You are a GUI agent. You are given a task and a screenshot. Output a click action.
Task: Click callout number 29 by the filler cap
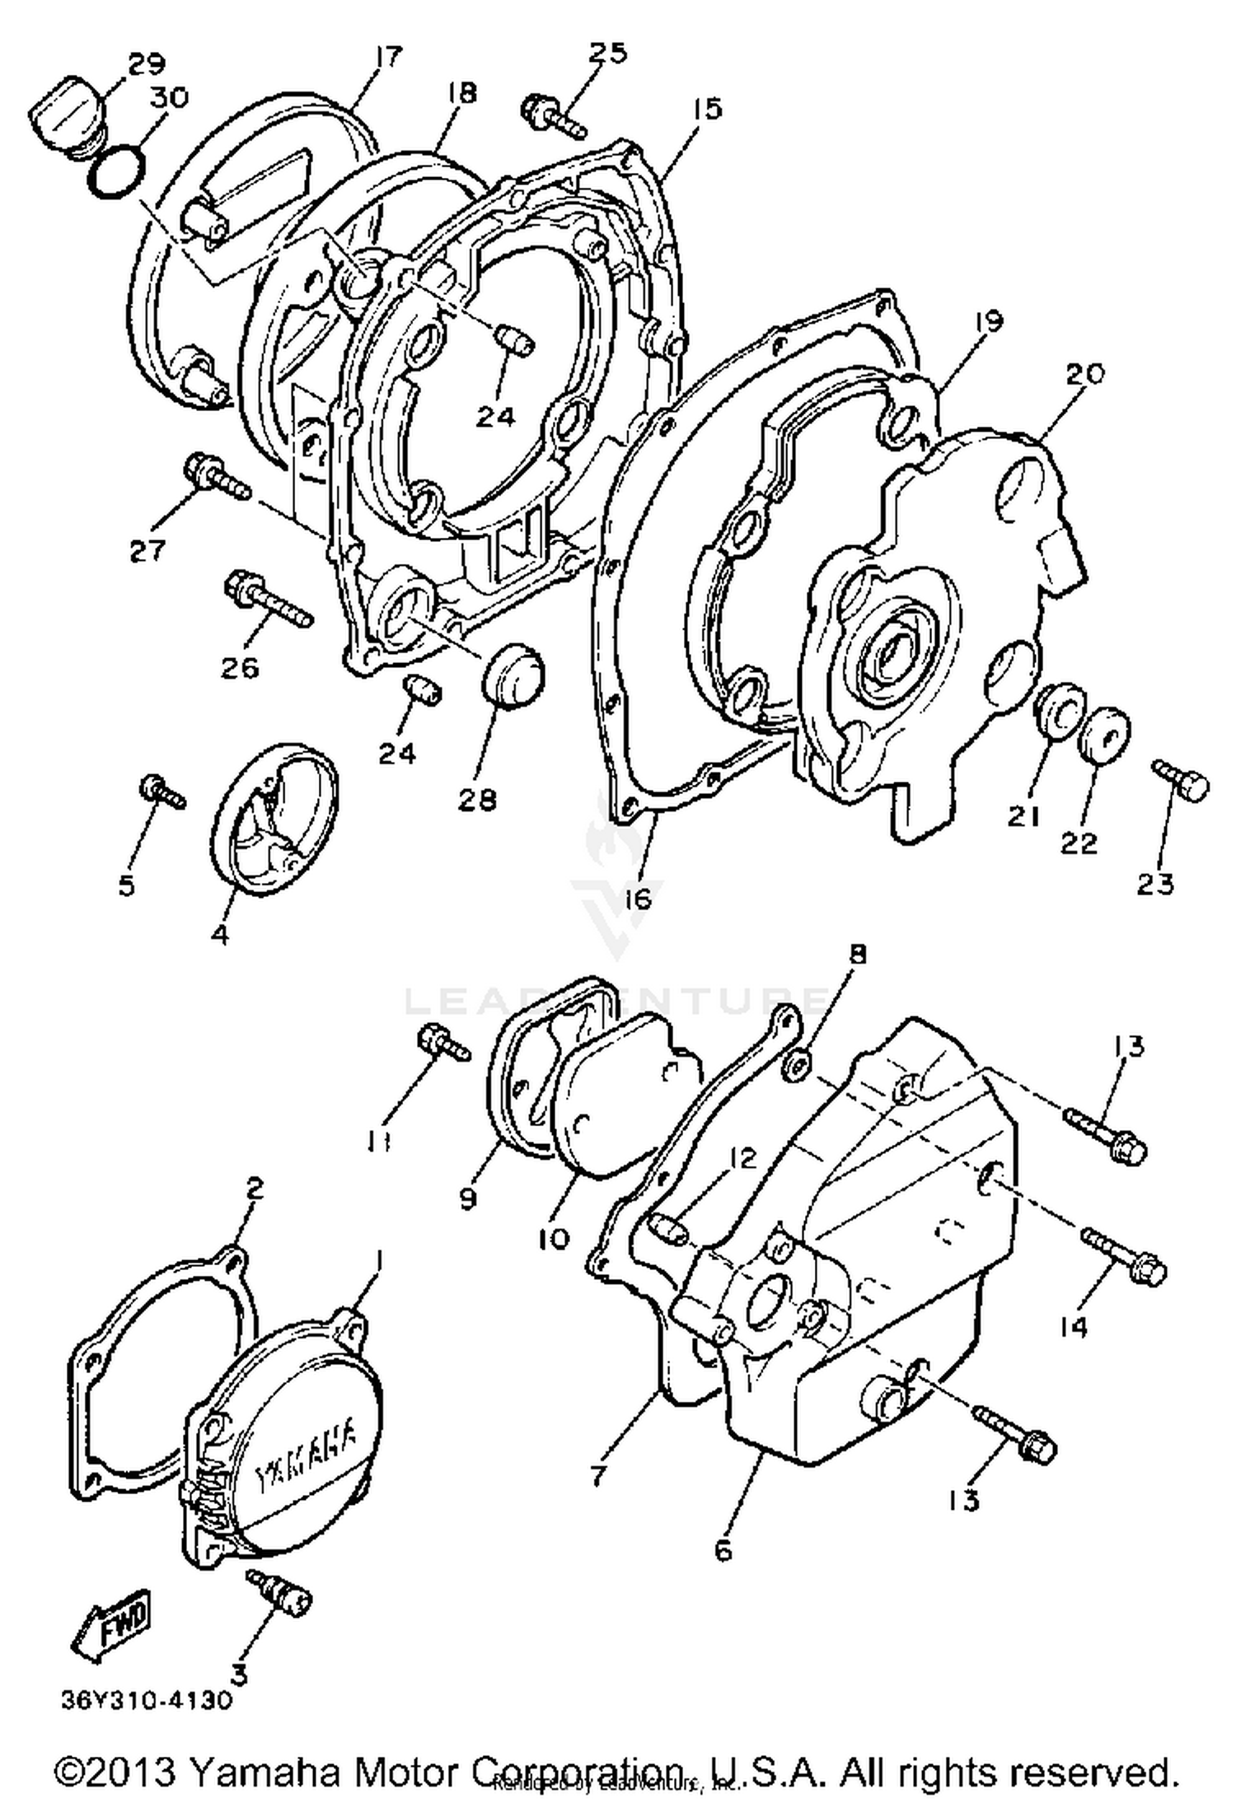pyautogui.click(x=145, y=63)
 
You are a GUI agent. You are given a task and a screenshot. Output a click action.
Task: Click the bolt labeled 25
pyautogui.click(x=553, y=116)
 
